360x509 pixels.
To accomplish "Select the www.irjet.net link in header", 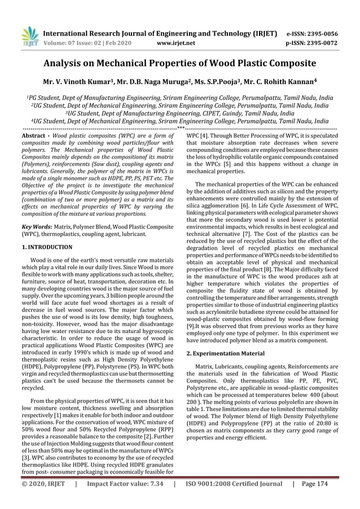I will pos(177,42).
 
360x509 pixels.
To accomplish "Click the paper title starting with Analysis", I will pos(179,63).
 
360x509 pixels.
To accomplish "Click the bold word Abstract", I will pos(33,137).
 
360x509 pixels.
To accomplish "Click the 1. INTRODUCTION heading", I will pos(47,247).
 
